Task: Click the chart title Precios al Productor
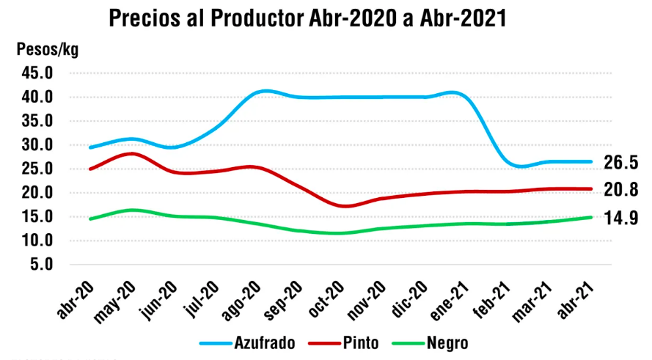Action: tap(308, 18)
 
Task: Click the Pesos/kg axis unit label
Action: tap(47, 51)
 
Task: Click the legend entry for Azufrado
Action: tap(246, 342)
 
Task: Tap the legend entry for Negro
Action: tap(425, 342)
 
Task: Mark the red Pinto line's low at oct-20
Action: tap(346, 206)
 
